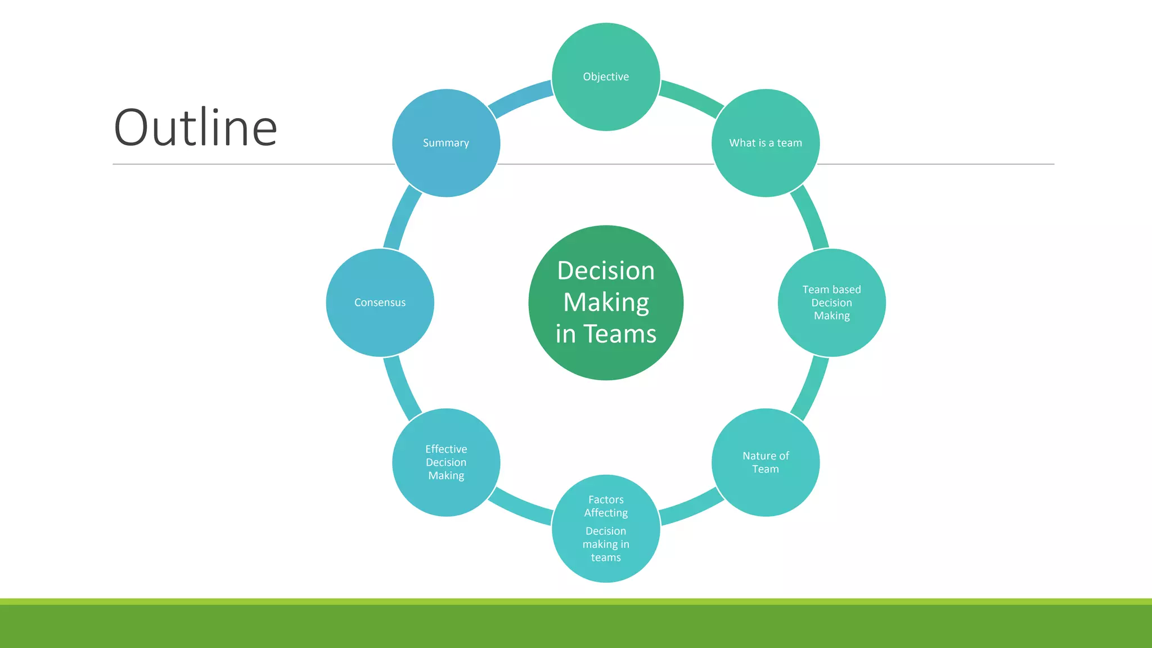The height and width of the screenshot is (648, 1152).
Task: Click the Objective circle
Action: (x=606, y=77)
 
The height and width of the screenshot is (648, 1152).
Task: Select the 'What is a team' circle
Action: (x=766, y=143)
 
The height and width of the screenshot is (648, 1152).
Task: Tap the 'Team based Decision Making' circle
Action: (x=831, y=303)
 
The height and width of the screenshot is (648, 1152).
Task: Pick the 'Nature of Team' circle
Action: (x=766, y=462)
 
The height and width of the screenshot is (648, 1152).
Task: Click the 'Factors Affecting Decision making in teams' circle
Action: (x=606, y=528)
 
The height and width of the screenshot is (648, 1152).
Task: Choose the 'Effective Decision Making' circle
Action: (x=446, y=462)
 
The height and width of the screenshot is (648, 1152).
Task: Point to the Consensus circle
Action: (x=380, y=303)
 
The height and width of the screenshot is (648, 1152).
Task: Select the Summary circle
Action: (x=446, y=143)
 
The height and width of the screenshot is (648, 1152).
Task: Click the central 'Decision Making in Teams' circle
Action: (x=606, y=303)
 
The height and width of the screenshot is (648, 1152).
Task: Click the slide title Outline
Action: (x=195, y=128)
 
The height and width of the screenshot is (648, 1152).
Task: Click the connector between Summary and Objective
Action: (x=520, y=97)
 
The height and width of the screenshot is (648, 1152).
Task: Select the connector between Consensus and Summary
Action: (x=400, y=217)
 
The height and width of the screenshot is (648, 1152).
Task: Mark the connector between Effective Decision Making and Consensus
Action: (x=400, y=388)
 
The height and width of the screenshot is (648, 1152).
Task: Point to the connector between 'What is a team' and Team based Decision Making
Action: (x=811, y=217)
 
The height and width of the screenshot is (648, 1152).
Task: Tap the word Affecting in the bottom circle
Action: (x=606, y=513)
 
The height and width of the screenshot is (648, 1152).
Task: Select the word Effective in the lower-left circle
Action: (x=446, y=449)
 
